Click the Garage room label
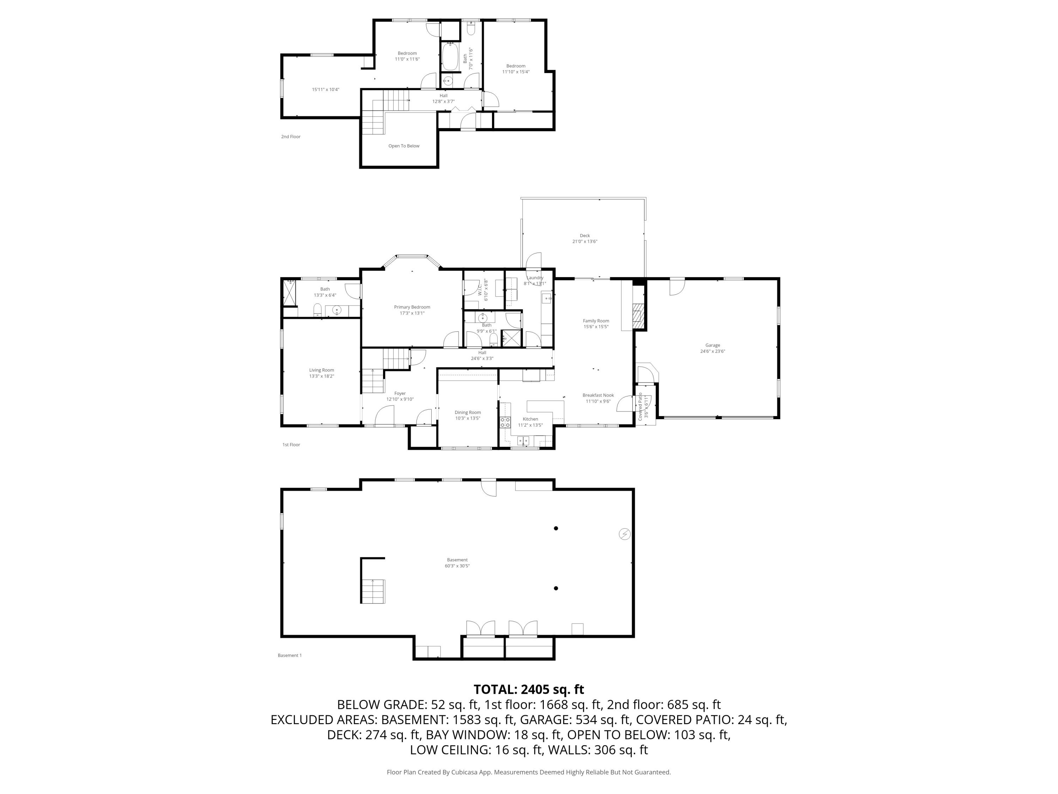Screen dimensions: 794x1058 (x=712, y=345)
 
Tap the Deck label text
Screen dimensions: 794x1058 (x=584, y=235)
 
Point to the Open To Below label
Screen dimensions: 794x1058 (x=404, y=146)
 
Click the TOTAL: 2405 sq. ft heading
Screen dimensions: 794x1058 (x=529, y=689)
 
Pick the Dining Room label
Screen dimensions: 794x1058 (x=467, y=413)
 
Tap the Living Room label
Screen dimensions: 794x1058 (x=321, y=370)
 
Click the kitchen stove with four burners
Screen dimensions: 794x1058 (x=505, y=422)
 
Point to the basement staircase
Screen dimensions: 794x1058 (x=373, y=591)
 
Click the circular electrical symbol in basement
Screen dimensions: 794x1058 (x=625, y=534)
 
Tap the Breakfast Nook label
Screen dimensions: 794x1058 (x=598, y=395)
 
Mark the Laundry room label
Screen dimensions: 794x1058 (x=535, y=278)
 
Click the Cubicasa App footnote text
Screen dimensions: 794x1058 (x=529, y=772)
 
